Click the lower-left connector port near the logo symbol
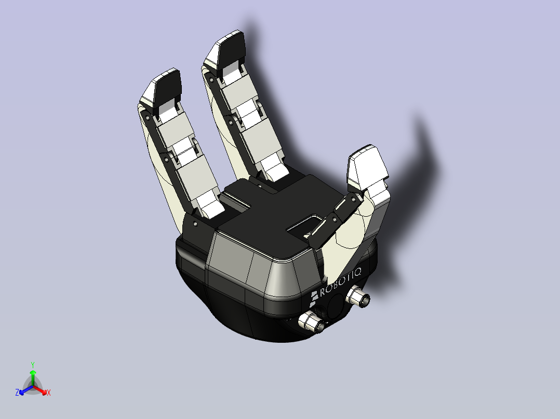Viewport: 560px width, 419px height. point(313,323)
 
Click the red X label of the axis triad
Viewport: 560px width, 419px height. point(49,393)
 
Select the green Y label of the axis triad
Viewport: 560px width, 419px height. point(33,365)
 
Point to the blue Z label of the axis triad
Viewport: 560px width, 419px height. point(17,393)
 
